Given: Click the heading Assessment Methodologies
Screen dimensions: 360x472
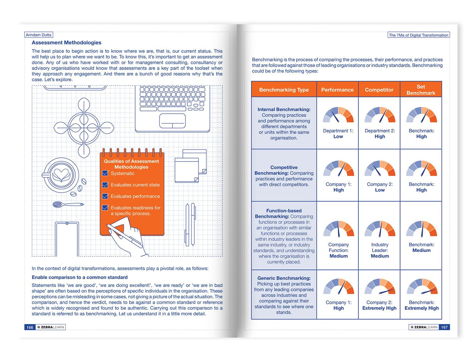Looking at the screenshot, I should pyautogui.click(x=66, y=43).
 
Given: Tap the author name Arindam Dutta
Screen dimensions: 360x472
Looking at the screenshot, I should pyautogui.click(x=38, y=35).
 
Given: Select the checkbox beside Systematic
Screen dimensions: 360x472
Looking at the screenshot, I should pyautogui.click(x=105, y=173).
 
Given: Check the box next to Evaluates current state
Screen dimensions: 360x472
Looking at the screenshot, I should pyautogui.click(x=105, y=185).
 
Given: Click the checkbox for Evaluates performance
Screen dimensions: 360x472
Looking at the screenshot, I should pyautogui.click(x=105, y=196).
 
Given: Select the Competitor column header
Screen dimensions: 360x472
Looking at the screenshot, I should pyautogui.click(x=379, y=90).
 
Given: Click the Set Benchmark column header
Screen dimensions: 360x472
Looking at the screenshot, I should pyautogui.click(x=421, y=90).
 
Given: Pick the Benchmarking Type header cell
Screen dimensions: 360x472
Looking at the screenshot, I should pyautogui.click(x=284, y=90).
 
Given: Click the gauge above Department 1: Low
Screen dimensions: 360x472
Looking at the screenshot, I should pyautogui.click(x=338, y=115).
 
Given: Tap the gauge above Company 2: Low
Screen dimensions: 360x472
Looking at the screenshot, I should pyautogui.click(x=380, y=169).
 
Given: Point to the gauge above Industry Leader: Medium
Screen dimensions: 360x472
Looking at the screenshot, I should pyautogui.click(x=380, y=229).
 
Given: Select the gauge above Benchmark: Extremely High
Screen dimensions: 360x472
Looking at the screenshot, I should pyautogui.click(x=421, y=287).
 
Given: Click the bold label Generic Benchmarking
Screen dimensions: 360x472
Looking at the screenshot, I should pyautogui.click(x=284, y=278).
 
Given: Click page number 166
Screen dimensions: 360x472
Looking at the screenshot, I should pyautogui.click(x=30, y=327).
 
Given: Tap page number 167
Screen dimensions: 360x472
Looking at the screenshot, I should pyautogui.click(x=444, y=327).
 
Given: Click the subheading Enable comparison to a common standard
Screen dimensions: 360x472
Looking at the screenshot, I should pyautogui.click(x=80, y=277).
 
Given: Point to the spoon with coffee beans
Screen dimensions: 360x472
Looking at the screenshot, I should pyautogui.click(x=68, y=204).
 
